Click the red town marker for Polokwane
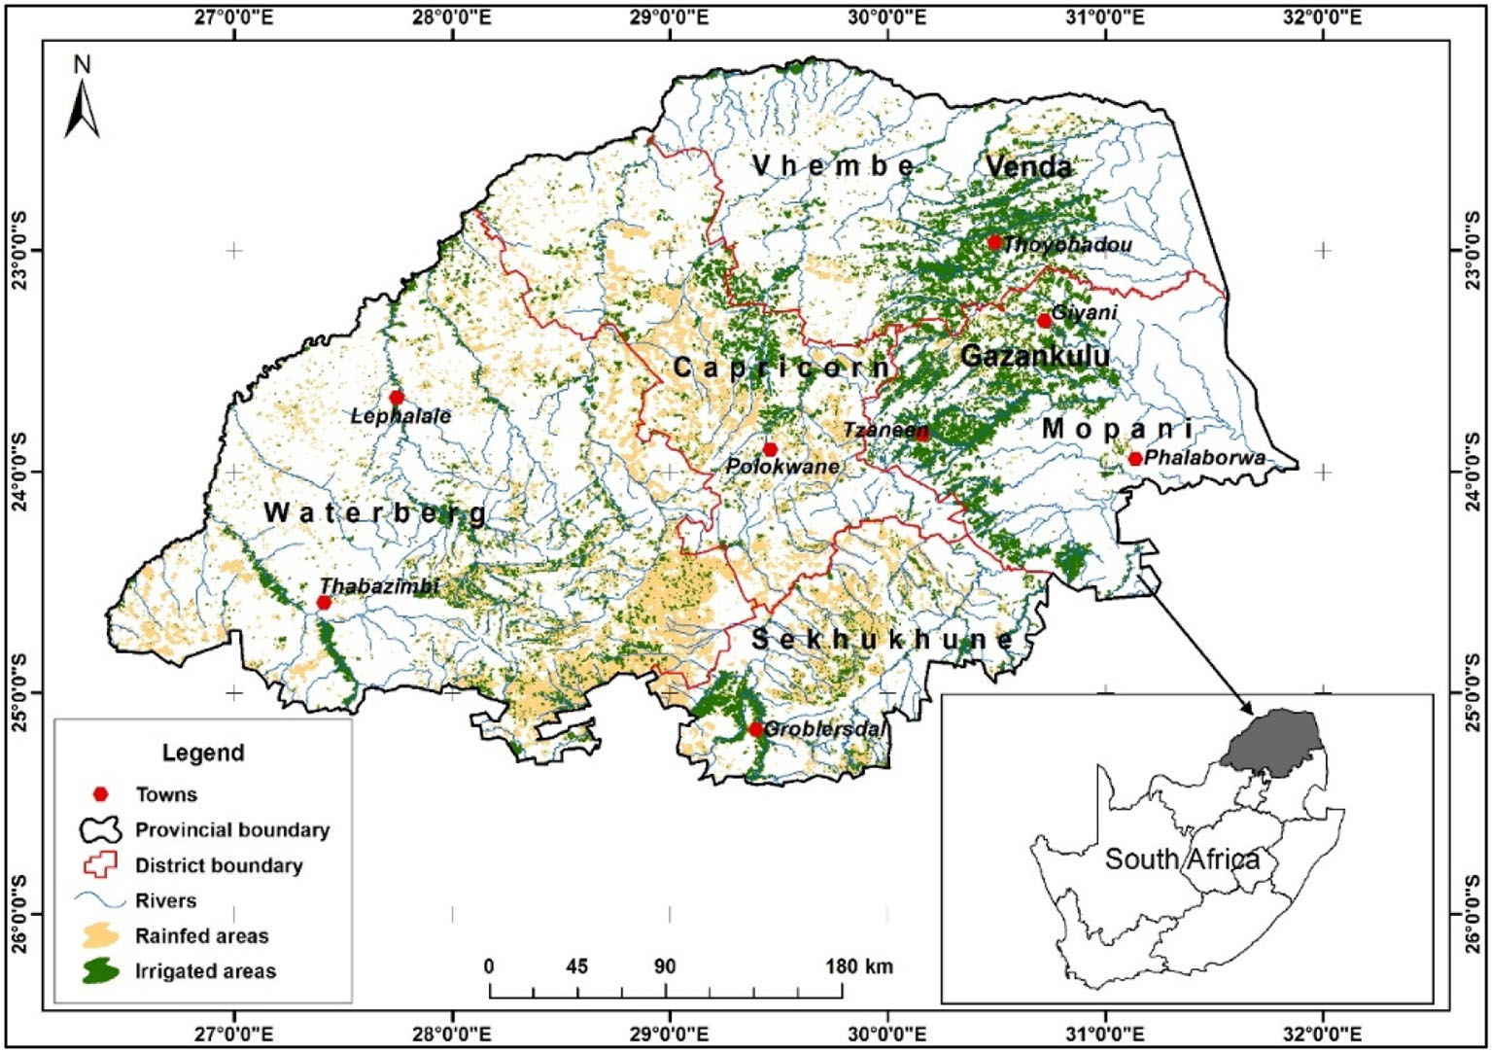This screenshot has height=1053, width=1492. pos(770,449)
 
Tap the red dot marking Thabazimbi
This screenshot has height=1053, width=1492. pos(324,603)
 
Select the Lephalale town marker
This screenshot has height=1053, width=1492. pos(396,398)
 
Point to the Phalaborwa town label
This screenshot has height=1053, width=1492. pos(1204,458)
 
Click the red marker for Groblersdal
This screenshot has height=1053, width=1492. pos(755,729)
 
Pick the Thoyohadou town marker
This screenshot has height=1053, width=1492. pos(993,242)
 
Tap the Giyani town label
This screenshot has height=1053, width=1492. pos(1085,313)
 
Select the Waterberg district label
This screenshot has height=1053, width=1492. pos(375,512)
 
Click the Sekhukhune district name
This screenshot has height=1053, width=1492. pos(882,640)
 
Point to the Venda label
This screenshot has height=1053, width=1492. pos(1028,167)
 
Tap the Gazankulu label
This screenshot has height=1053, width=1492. pos(1034,356)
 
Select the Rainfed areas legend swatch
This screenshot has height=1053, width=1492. pos(100,936)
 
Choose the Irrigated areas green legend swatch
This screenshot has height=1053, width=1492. pos(100,971)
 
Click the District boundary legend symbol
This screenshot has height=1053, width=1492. pos(100,865)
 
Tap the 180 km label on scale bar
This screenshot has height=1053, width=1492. pos(858,966)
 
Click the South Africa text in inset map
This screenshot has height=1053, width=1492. pos(1182,860)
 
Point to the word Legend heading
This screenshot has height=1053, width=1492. pos(203,753)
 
